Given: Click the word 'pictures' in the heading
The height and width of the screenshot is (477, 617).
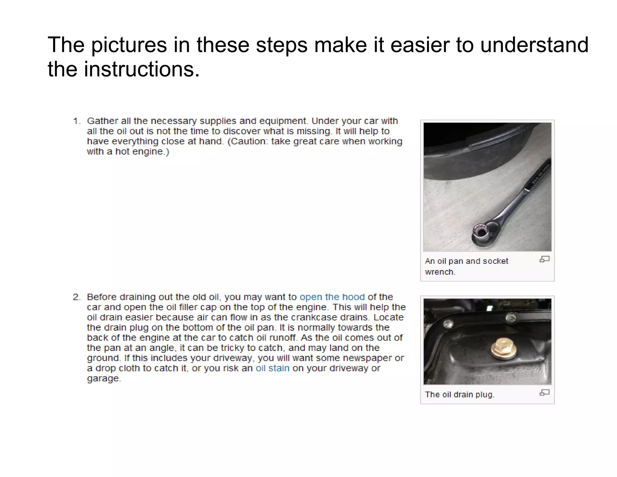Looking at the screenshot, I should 129,45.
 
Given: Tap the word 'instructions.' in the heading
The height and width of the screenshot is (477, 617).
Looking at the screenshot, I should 141,69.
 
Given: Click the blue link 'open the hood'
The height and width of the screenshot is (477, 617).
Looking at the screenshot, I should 332,297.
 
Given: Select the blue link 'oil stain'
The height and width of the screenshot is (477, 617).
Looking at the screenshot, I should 272,368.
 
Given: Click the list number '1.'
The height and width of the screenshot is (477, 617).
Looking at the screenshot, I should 77,121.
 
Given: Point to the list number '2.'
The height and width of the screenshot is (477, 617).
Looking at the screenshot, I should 77,297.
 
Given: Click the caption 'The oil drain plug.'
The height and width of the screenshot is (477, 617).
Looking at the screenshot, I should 459,395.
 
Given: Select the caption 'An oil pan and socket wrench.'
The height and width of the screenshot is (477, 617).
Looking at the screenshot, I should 466,266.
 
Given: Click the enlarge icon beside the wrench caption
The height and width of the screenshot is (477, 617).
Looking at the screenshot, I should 544,259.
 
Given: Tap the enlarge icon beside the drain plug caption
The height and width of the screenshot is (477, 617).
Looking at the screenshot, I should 544,393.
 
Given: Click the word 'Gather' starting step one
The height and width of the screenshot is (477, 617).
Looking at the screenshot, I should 102,121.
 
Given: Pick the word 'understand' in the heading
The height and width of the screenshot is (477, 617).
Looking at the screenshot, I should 534,45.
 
